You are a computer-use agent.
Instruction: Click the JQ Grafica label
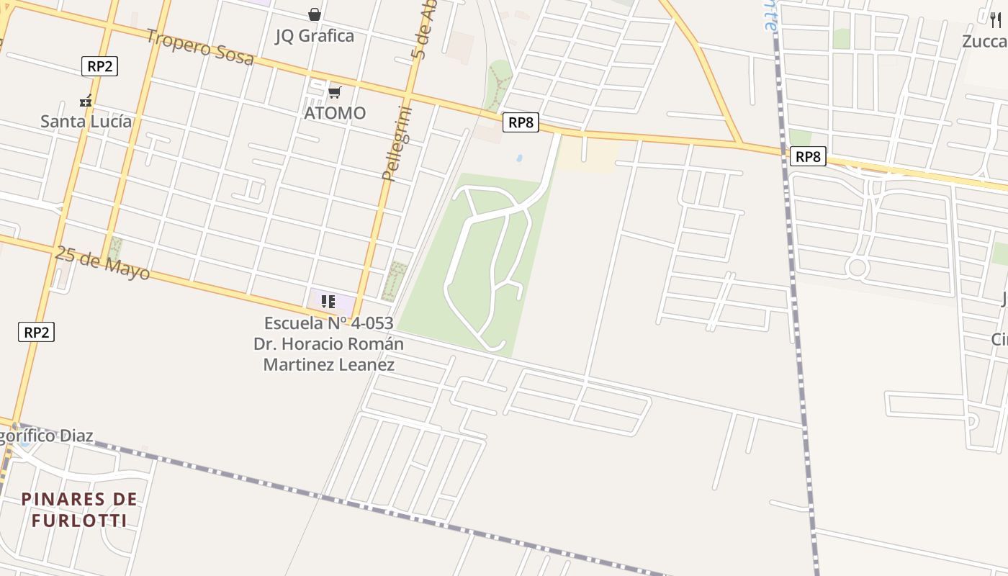[x=315, y=35]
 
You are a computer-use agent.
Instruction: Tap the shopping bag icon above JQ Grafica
[x=315, y=14]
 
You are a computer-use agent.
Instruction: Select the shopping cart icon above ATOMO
[x=334, y=92]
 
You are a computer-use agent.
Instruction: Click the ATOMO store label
[x=335, y=113]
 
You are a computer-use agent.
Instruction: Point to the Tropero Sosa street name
[x=200, y=47]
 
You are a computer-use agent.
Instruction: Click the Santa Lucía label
[x=86, y=121]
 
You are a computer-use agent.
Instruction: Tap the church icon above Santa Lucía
[x=86, y=102]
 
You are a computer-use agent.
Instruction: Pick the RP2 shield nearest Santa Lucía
[x=99, y=67]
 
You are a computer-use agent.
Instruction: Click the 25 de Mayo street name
[x=102, y=263]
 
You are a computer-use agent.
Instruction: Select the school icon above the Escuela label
[x=328, y=301]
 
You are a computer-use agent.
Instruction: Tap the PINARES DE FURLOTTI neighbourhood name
[x=79, y=509]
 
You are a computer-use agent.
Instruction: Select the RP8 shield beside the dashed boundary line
[x=807, y=156]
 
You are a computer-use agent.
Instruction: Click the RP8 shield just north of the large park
[x=521, y=122]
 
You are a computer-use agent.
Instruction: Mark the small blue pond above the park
[x=519, y=157]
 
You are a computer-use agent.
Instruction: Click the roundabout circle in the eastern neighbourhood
[x=857, y=269]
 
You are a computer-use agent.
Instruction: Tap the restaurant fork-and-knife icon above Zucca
[x=996, y=20]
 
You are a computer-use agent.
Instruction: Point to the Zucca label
[x=984, y=41]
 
